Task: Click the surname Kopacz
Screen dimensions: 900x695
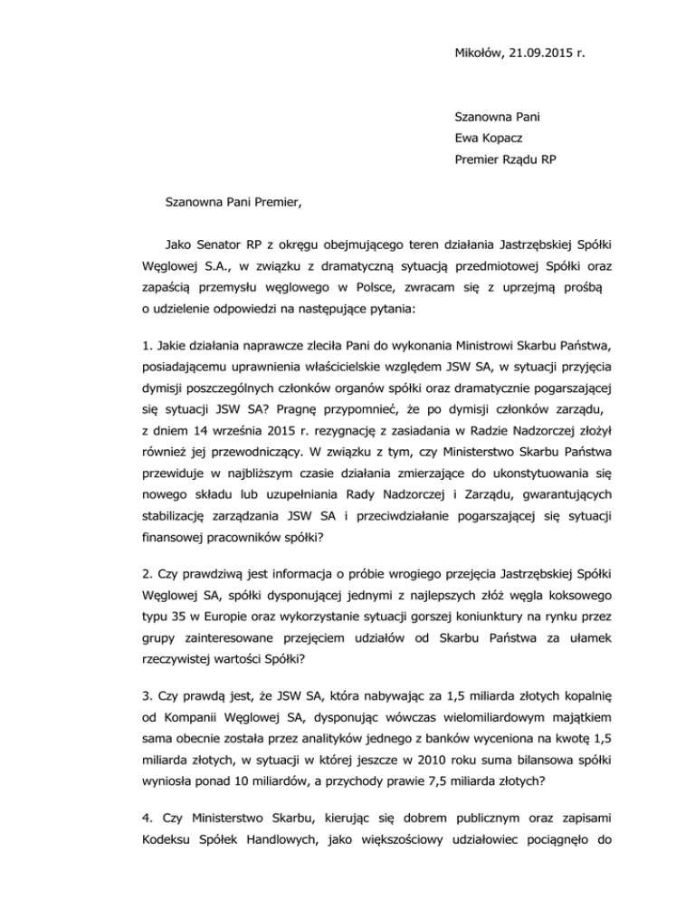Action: click(507, 138)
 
